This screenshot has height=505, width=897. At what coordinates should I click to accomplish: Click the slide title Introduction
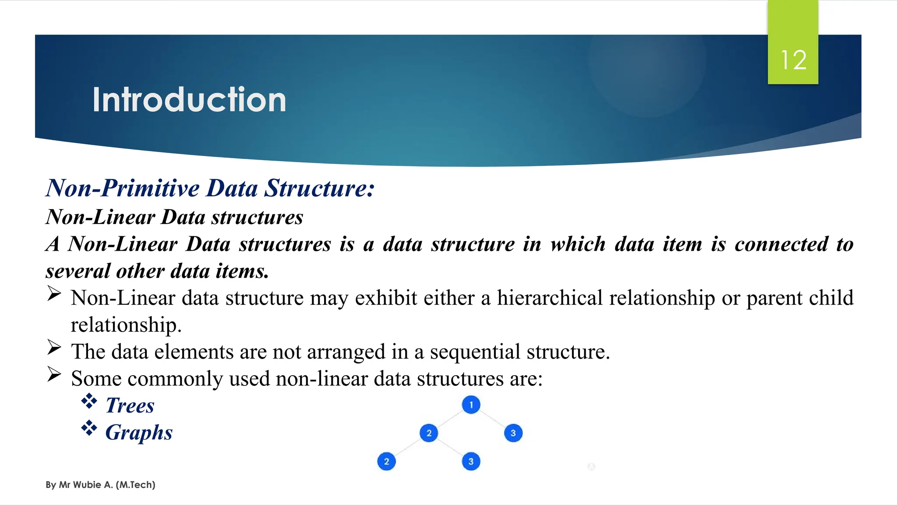(189, 100)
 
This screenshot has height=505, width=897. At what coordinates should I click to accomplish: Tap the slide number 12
(793, 60)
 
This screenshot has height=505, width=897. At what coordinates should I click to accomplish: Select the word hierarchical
(550, 298)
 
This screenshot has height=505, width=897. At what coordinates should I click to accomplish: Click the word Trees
(130, 405)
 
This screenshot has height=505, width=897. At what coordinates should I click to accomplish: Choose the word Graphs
(139, 433)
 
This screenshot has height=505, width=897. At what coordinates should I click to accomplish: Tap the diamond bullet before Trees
(89, 401)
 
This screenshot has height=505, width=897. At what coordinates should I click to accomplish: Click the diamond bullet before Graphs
(89, 428)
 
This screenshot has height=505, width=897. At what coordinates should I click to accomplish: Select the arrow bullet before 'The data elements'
(54, 348)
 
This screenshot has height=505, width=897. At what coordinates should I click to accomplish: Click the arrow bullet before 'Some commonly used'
(54, 374)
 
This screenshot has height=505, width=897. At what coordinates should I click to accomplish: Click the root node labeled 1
(471, 405)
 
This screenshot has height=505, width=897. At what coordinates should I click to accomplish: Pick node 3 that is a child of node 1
(513, 433)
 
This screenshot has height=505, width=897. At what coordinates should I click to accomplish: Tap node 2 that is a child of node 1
(429, 433)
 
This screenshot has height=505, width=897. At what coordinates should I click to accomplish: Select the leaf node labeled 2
(386, 462)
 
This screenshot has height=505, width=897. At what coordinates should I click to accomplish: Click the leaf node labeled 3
(471, 462)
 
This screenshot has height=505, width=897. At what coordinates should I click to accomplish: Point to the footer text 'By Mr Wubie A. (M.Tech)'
(100, 485)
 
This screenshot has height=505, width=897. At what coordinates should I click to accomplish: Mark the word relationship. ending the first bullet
(126, 325)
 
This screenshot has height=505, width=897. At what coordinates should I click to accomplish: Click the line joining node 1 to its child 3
(492, 419)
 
